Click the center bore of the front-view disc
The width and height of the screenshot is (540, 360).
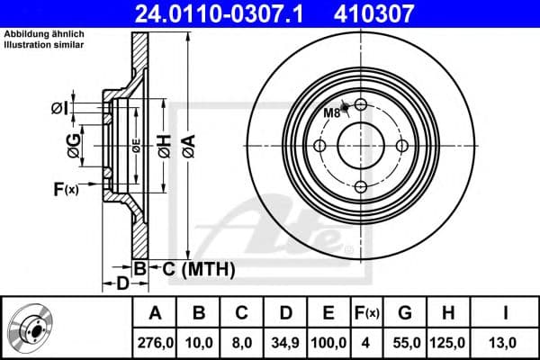click(360, 146)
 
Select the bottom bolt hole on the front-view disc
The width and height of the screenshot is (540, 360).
click(360, 186)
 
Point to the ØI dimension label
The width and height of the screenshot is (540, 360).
click(58, 109)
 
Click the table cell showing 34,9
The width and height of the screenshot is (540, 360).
click(285, 343)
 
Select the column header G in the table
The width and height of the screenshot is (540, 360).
click(405, 313)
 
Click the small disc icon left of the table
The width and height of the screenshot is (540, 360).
click(34, 328)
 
